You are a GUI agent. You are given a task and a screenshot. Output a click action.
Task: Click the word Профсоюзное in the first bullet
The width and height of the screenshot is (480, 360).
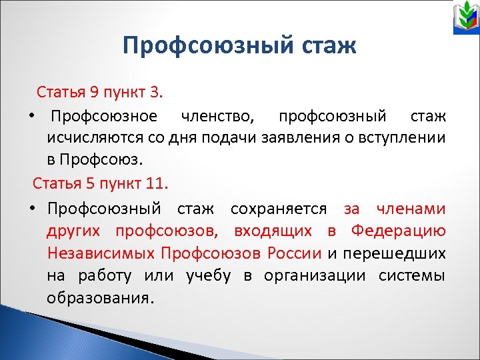coord(105,117)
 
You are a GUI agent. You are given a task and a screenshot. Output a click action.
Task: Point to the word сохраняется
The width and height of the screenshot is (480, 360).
coord(279,209)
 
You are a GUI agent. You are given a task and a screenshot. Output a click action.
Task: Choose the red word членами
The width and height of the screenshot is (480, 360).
coord(411,209)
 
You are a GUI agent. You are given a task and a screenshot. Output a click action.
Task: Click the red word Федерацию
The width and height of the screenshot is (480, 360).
coord(399,231)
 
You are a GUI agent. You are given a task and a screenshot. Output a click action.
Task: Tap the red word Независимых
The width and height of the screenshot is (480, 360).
coord(101,253)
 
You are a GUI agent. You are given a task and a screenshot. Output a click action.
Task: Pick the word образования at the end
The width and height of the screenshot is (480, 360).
coord(101,298)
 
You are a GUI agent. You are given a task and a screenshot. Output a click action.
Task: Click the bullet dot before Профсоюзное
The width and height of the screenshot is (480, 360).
coord(31,117)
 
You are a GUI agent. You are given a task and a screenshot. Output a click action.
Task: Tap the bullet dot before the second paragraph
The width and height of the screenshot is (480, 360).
coord(31,209)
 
